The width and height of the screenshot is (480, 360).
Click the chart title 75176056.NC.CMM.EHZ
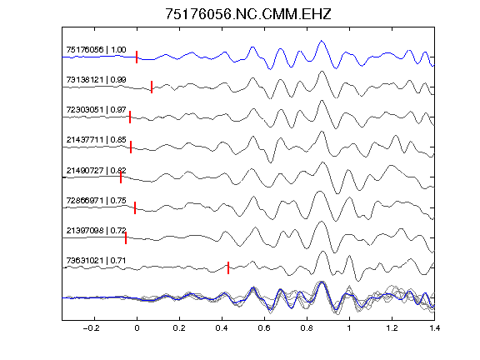point(248,14)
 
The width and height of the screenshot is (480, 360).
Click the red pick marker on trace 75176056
point(137,57)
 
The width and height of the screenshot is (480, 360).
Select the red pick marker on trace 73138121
point(152,87)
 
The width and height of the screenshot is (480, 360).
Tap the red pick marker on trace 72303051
point(130,117)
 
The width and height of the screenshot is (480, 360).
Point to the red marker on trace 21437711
point(131,147)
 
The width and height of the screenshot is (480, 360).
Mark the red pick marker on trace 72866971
point(135,207)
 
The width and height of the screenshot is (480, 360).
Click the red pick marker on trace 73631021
point(228,267)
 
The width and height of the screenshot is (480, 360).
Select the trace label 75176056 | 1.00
point(96,50)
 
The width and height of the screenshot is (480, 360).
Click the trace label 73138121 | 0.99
point(96,80)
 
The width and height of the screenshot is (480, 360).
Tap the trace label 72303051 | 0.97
point(96,110)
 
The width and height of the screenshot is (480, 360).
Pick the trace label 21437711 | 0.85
point(96,140)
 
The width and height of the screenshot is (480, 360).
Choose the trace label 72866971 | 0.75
point(96,201)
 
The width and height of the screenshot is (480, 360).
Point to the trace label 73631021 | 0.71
point(96,261)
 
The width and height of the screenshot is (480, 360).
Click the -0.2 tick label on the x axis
point(92,328)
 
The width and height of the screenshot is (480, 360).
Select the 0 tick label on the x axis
point(137,328)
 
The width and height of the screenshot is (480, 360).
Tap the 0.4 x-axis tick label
point(222,328)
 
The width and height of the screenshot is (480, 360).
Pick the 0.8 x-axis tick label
point(307,328)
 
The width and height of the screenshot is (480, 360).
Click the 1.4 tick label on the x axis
point(434,328)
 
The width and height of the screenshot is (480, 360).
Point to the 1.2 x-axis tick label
point(392,328)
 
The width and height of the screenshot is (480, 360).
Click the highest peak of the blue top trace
point(322,40)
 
